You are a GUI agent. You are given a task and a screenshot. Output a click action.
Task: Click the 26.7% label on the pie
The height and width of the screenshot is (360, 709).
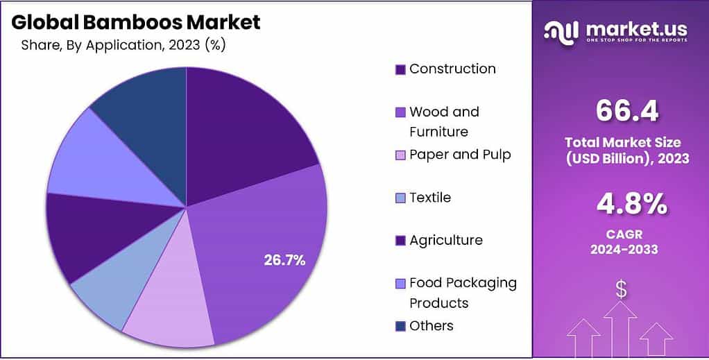pyautogui.click(x=284, y=260)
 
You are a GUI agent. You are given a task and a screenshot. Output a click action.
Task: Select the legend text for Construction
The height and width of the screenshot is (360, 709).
pyautogui.click(x=452, y=69)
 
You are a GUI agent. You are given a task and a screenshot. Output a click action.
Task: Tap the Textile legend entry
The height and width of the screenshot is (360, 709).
pyautogui.click(x=430, y=198)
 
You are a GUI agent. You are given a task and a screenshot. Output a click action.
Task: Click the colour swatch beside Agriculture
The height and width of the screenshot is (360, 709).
pyautogui.click(x=400, y=241)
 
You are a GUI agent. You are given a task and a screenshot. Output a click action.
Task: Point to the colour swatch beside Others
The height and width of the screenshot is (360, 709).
pyautogui.click(x=400, y=326)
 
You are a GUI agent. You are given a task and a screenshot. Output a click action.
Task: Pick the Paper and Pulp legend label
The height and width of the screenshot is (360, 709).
pyautogui.click(x=460, y=154)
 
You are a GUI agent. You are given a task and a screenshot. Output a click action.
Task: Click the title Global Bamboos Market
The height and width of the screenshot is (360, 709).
pyautogui.click(x=136, y=22)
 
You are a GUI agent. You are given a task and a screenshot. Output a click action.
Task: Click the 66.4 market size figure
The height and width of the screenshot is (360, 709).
pyautogui.click(x=626, y=110)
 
